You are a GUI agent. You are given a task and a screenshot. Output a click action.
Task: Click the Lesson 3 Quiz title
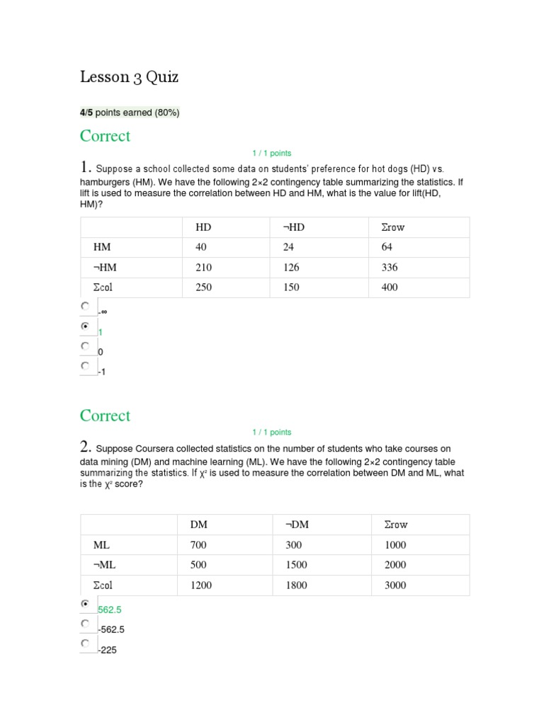(x=129, y=77)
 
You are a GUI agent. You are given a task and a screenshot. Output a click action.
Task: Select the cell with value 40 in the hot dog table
(x=203, y=247)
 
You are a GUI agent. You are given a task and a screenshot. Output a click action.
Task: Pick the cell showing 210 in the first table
(x=203, y=267)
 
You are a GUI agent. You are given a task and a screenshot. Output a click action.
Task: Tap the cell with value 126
(x=291, y=267)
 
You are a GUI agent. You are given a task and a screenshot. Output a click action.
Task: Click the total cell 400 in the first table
(x=390, y=287)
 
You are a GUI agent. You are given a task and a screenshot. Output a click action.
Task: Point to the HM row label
(x=102, y=247)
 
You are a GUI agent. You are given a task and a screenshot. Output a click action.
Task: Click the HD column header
(x=203, y=227)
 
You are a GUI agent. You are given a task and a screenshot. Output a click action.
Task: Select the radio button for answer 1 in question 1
(x=85, y=326)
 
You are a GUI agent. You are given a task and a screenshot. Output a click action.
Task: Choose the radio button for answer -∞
(x=85, y=306)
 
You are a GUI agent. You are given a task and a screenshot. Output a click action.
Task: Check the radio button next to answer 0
(x=85, y=346)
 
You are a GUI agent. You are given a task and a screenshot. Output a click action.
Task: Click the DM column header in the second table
(x=199, y=525)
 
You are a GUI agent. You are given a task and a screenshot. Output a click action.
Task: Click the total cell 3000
(x=395, y=586)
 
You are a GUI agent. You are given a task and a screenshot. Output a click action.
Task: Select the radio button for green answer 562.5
(x=85, y=604)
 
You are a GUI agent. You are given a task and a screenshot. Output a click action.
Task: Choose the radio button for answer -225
(x=85, y=644)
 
